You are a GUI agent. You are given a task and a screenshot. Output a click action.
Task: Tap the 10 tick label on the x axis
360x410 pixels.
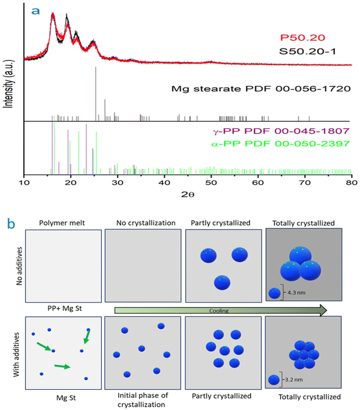(24, 182)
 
